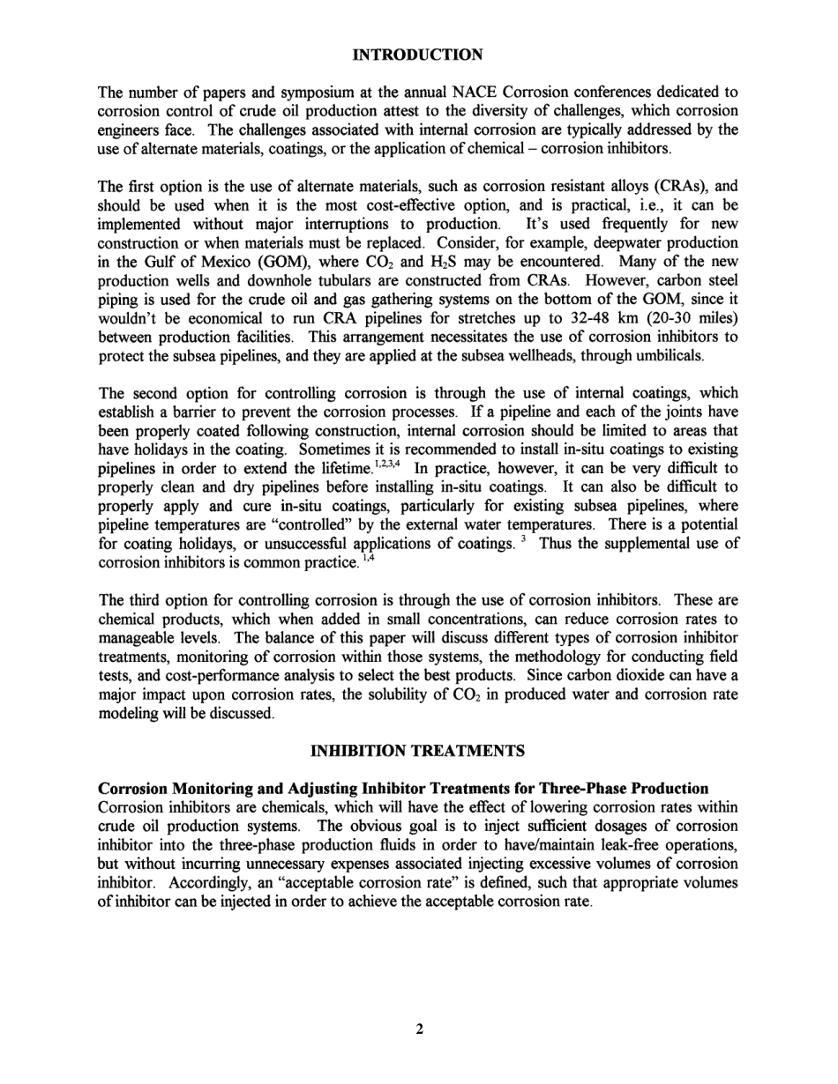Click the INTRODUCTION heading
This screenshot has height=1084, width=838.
(417, 56)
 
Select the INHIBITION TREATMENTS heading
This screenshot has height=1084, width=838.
(418, 751)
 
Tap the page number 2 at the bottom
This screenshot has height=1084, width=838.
(420, 1028)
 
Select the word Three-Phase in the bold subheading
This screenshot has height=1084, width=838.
(589, 788)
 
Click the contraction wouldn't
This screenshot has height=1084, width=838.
(131, 318)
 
